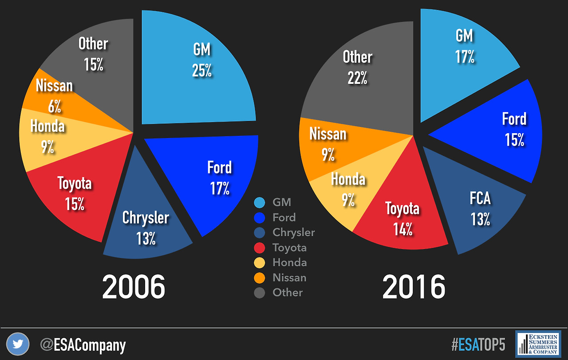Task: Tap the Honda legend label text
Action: [x=289, y=262]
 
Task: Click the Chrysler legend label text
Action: [x=293, y=232]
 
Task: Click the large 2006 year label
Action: [x=134, y=287]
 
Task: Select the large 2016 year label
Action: [x=414, y=287]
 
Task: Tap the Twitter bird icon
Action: [x=18, y=344]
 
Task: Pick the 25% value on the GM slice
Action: [x=202, y=71]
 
